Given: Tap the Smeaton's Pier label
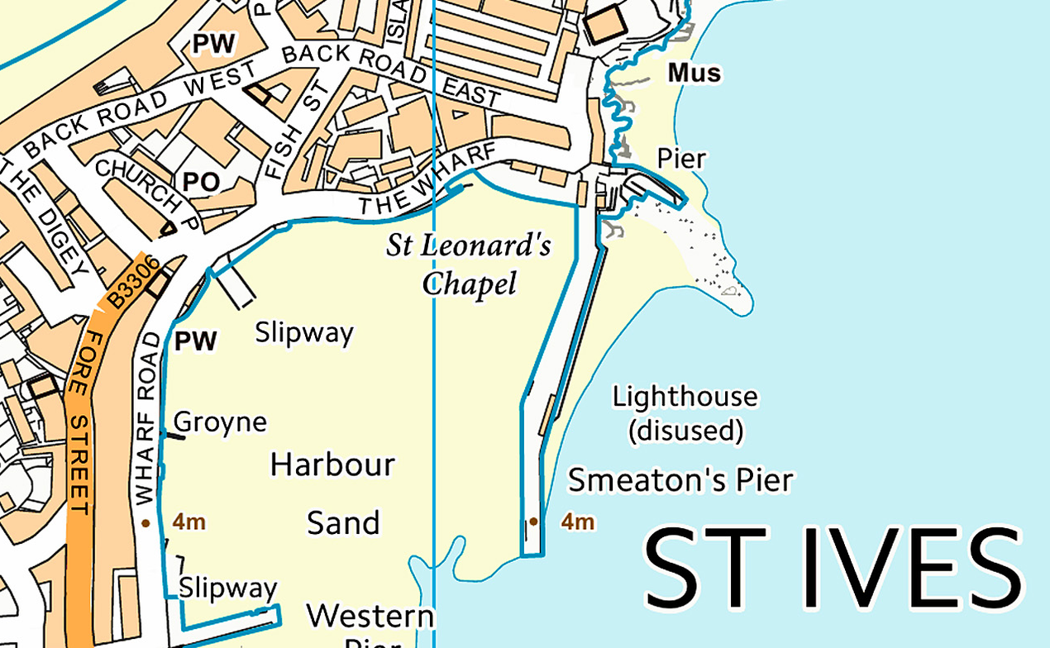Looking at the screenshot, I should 680,479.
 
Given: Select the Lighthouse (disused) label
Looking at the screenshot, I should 685,413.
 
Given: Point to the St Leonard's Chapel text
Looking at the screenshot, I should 470,264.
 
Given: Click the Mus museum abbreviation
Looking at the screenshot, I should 694,74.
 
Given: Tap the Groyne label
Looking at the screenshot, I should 220,422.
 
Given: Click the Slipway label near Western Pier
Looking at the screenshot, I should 227,588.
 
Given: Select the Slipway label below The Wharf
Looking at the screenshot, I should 303,333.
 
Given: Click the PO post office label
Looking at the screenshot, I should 201,182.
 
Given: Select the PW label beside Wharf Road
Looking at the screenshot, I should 196,341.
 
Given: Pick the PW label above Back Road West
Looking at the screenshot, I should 213,44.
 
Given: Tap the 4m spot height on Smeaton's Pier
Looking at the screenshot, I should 577,522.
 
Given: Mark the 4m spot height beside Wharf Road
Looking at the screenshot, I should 189,522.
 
